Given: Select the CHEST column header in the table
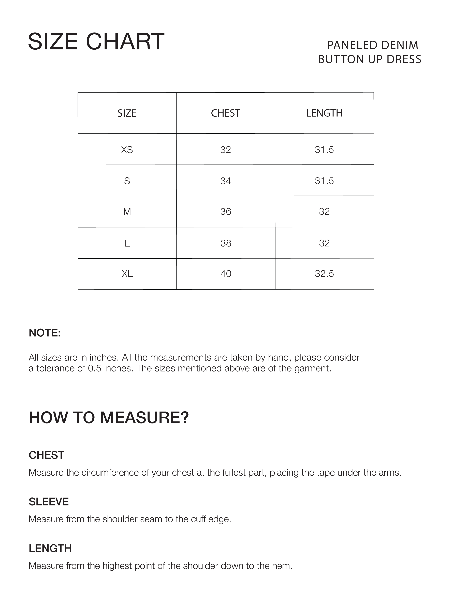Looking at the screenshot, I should pyautogui.click(x=226, y=113).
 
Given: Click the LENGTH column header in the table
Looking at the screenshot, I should pyautogui.click(x=324, y=113).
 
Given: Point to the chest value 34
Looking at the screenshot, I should pyautogui.click(x=226, y=181).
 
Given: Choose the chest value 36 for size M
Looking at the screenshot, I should pyautogui.click(x=226, y=212).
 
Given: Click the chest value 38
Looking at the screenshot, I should pyautogui.click(x=226, y=243).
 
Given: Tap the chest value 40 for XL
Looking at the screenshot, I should pyautogui.click(x=226, y=274).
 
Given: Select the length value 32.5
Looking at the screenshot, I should pyautogui.click(x=324, y=274).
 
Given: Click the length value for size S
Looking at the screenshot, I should pyautogui.click(x=324, y=181).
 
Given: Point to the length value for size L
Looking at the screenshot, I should pyautogui.click(x=324, y=243).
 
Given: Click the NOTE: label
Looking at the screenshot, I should pyautogui.click(x=45, y=333).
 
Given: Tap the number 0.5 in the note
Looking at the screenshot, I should pyautogui.click(x=95, y=368).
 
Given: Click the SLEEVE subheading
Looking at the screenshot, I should pyautogui.click(x=49, y=502).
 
